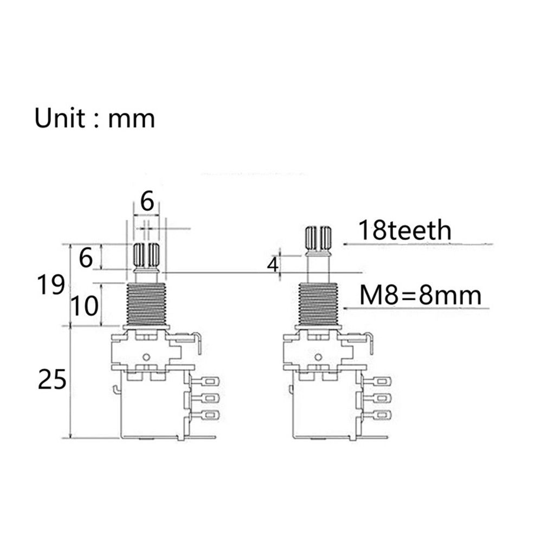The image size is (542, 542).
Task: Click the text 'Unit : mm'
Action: click(95, 118)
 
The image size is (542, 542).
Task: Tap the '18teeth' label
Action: click(404, 230)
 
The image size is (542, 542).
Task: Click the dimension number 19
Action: click(52, 284)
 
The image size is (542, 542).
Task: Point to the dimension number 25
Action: click(52, 379)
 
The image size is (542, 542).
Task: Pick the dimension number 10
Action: click(85, 306)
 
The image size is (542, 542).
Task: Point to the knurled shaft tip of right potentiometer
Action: click(319, 236)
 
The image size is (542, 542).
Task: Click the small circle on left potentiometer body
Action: click(147, 357)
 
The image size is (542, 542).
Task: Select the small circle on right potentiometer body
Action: click(319, 357)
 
